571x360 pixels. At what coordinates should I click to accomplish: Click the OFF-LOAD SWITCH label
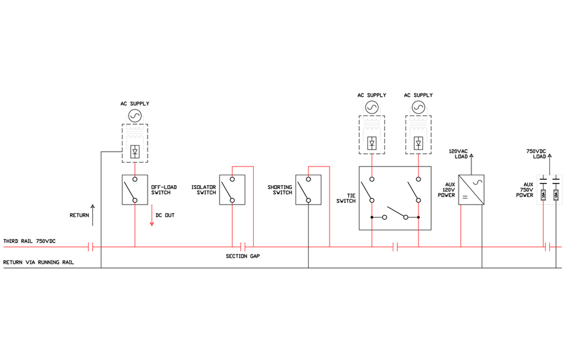click(x=164, y=190)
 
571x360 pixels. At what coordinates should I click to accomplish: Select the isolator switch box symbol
click(x=232, y=190)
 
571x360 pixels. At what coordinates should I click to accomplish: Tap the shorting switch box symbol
click(x=308, y=190)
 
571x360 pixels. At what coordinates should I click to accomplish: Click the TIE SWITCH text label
click(x=346, y=198)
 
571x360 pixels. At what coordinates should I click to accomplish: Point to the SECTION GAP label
click(x=243, y=256)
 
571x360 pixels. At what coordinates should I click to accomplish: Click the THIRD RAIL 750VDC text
click(x=29, y=241)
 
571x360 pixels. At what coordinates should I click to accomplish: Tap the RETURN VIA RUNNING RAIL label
click(x=39, y=262)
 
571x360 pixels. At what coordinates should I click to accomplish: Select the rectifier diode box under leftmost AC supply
click(x=135, y=152)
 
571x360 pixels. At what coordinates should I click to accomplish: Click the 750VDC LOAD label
click(x=536, y=154)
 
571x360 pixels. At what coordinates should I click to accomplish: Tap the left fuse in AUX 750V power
click(x=543, y=195)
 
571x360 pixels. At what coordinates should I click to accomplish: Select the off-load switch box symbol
click(x=135, y=190)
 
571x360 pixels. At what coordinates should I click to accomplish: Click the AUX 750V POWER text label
click(x=525, y=190)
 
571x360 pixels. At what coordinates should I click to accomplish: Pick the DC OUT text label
click(x=165, y=215)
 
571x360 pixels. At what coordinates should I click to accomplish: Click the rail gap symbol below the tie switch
click(x=395, y=247)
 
